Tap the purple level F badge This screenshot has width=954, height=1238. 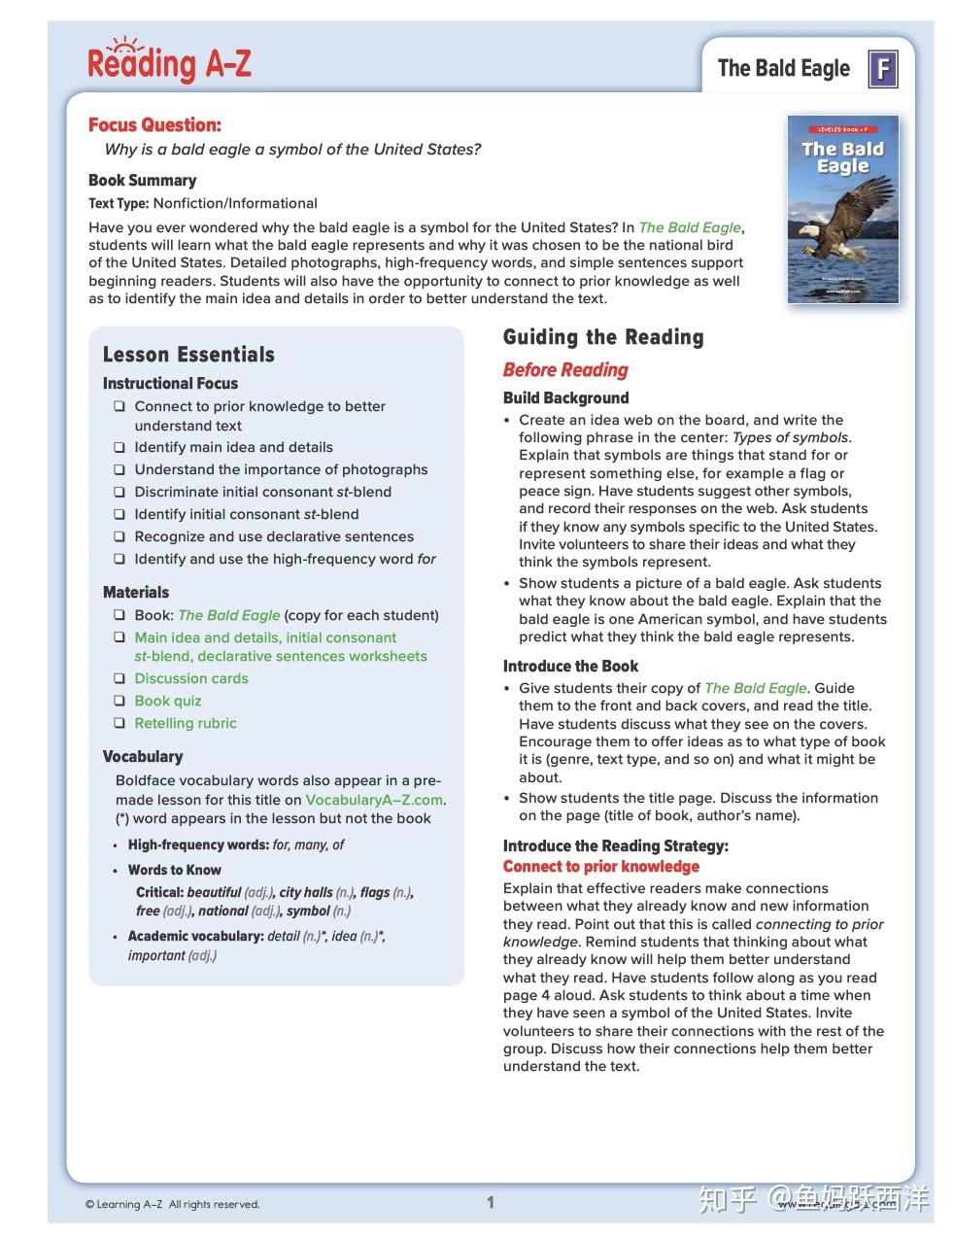pyautogui.click(x=882, y=69)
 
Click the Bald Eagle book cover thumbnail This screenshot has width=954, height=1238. pyautogui.click(x=842, y=210)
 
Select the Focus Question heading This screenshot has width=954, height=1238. pyautogui.click(x=154, y=124)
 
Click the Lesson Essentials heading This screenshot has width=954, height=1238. pyautogui.click(x=188, y=355)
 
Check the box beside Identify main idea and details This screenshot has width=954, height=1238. pyautogui.click(x=119, y=448)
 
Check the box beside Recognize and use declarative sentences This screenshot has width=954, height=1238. pyautogui.click(x=119, y=537)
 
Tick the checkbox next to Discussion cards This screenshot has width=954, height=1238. pyautogui.click(x=119, y=679)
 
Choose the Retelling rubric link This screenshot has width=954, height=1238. pyautogui.click(x=185, y=723)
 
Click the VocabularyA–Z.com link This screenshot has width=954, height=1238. pyautogui.click(x=374, y=800)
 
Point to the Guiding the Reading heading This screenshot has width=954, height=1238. pyautogui.click(x=602, y=337)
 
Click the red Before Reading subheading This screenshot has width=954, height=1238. pyautogui.click(x=565, y=369)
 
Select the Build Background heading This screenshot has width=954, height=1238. pyautogui.click(x=565, y=397)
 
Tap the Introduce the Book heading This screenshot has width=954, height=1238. pyautogui.click(x=570, y=666)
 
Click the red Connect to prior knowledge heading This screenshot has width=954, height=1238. pyautogui.click(x=600, y=866)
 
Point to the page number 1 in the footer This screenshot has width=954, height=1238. pyautogui.click(x=491, y=1203)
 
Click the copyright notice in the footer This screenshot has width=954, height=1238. pyautogui.click(x=172, y=1205)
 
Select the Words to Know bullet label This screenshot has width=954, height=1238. pyautogui.click(x=174, y=870)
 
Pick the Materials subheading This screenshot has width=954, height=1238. pyautogui.click(x=136, y=592)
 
